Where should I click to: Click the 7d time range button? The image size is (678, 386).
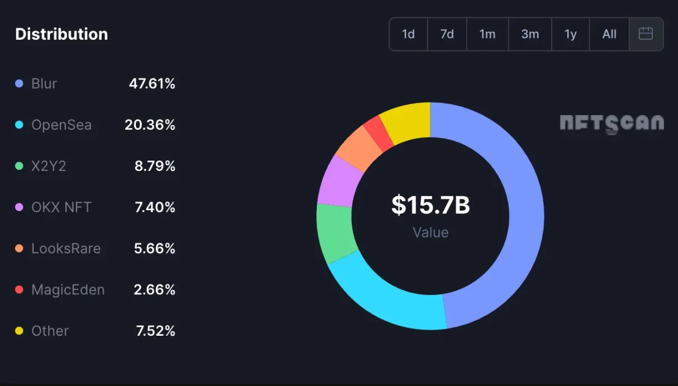click(x=447, y=34)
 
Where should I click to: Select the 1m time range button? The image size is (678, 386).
click(x=487, y=34)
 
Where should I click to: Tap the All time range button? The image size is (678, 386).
click(x=609, y=34)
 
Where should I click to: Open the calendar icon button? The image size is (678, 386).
click(x=646, y=34)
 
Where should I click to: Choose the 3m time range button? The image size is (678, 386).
click(x=530, y=34)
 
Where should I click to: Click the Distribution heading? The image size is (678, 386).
click(x=61, y=34)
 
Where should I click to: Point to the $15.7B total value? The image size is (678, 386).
click(x=430, y=205)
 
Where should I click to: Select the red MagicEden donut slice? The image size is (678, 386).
click(x=378, y=134)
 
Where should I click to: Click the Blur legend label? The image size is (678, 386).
click(x=44, y=84)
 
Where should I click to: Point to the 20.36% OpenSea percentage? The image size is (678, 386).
click(x=150, y=125)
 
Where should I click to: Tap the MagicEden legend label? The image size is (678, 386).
click(x=68, y=290)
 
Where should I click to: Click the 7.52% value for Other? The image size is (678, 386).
click(x=155, y=331)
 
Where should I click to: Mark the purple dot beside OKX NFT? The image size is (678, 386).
click(x=20, y=207)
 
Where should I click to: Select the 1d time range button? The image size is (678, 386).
click(x=408, y=34)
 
